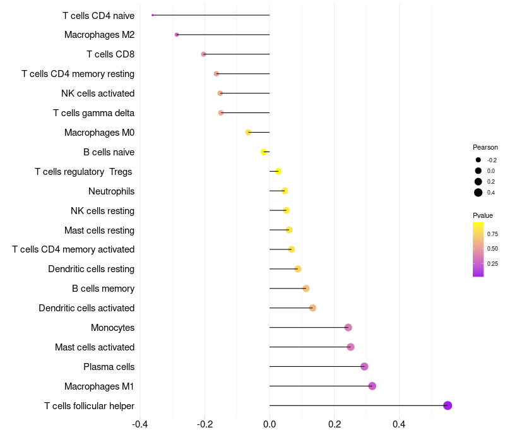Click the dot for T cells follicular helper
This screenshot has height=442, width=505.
coord(448,405)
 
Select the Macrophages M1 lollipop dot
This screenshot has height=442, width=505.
coord(372,386)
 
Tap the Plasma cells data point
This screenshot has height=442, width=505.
coord(364,366)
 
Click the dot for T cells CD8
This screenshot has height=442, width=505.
coord(203,54)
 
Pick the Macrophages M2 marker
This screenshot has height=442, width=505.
coord(177,35)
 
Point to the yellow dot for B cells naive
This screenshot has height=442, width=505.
coord(264,152)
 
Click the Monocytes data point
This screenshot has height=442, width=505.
coord(348,327)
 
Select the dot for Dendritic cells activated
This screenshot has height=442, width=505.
coord(312,308)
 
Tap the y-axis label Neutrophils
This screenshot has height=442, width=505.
coord(111,191)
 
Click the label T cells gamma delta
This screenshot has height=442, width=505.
coord(93,113)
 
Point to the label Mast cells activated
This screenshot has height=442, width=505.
coord(95,347)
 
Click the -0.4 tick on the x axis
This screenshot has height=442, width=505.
coord(140,424)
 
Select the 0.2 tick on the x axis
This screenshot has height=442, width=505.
coord(334,424)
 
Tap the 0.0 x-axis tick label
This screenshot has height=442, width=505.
coord(270,424)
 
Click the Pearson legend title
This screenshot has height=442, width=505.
coord(485,147)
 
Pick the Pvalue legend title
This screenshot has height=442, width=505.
coord(483,215)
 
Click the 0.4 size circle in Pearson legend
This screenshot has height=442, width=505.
coord(478,193)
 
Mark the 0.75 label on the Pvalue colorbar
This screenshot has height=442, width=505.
coord(492,234)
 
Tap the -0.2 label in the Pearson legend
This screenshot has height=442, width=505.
coord(492,160)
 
